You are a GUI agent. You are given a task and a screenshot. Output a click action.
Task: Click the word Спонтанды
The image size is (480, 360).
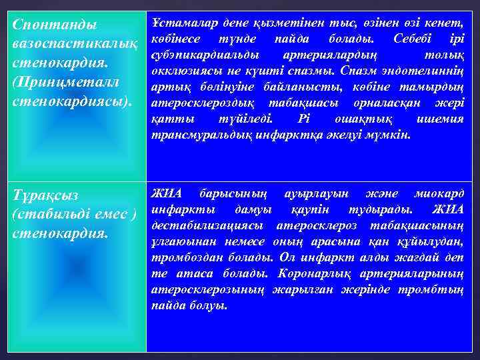point(55,25)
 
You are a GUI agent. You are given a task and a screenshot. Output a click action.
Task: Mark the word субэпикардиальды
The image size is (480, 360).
point(205,54)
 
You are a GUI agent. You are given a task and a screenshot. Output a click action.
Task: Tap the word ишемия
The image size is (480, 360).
point(440,119)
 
